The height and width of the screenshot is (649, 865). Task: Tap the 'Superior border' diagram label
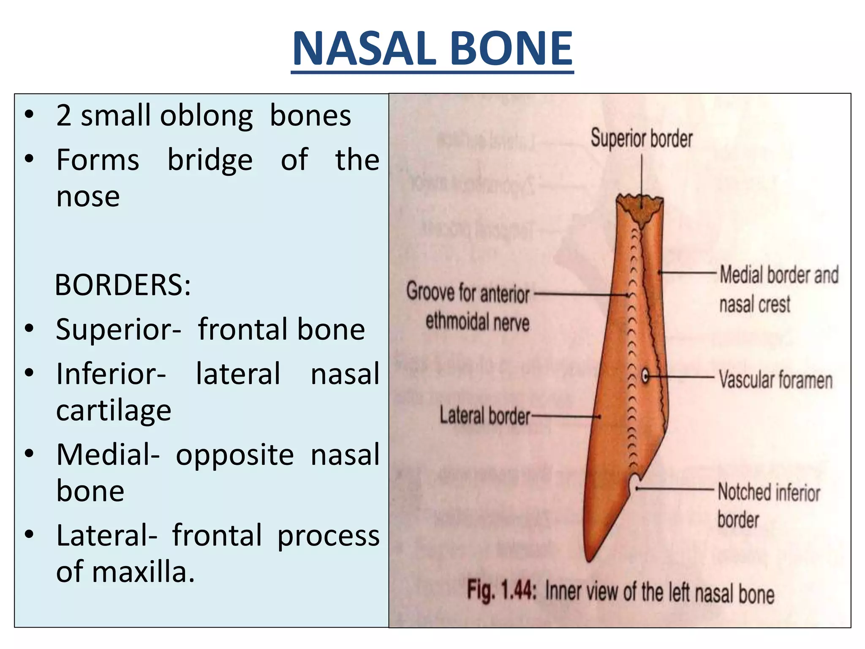tap(641, 139)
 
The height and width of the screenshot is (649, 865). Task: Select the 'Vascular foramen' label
tap(775, 379)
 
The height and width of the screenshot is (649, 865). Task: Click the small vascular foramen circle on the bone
tap(645, 375)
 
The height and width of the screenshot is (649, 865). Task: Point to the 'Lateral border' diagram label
tap(484, 416)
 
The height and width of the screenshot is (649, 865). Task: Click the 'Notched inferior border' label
tap(768, 505)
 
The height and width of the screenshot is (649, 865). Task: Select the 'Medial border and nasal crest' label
tap(778, 289)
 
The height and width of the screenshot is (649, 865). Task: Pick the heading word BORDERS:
tap(123, 285)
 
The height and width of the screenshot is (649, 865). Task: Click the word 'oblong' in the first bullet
tap(207, 116)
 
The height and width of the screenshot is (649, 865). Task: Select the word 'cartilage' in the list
tap(114, 410)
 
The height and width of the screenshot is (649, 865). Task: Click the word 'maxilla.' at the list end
tap(143, 572)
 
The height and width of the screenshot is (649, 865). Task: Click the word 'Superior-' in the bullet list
tap(118, 329)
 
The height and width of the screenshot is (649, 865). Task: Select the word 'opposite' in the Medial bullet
tap(234, 455)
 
